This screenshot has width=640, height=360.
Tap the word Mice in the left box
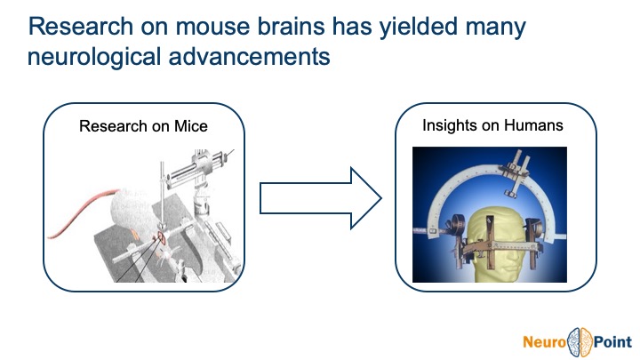coord(190,126)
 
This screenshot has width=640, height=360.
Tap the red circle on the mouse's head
coord(164,238)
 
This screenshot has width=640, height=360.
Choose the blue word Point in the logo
coord(609,339)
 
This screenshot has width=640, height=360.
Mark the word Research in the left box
coord(110,126)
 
